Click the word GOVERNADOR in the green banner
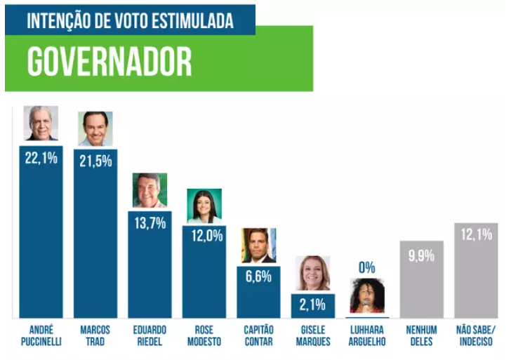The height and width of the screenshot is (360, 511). (x=109, y=62)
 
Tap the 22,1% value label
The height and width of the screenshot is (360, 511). (x=41, y=158)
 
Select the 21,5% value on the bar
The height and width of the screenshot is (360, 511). (x=95, y=161)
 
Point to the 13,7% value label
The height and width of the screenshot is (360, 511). (x=150, y=223)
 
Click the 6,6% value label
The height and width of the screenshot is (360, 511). (x=258, y=276)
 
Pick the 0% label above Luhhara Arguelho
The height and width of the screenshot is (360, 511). (x=367, y=267)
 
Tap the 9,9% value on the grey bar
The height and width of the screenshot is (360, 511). (x=421, y=255)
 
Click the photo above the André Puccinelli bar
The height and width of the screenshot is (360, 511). (x=41, y=124)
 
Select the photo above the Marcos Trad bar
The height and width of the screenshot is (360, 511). (x=95, y=128)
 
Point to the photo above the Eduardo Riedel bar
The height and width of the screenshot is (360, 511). (x=150, y=190)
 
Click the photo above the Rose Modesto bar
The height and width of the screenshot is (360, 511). (x=204, y=206)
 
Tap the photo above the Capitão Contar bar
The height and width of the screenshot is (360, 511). (x=258, y=245)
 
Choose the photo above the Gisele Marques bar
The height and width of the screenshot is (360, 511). (x=313, y=273)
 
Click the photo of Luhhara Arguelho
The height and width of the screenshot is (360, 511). (x=367, y=295)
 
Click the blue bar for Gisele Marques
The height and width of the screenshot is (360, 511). (x=313, y=306)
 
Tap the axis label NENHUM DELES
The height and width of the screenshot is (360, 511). (x=421, y=335)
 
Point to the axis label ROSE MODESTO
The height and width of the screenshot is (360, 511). (x=204, y=335)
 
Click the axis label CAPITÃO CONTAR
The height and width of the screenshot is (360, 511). (x=258, y=335)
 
